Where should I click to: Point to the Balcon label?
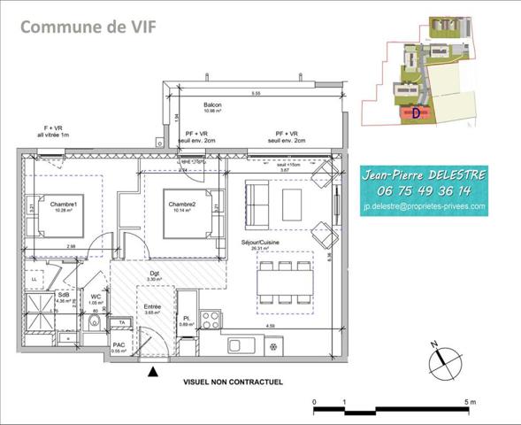pos(211,105)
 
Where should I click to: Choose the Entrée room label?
pos(153,307)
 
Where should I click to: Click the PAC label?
pos(118,345)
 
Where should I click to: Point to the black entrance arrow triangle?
pos(155,373)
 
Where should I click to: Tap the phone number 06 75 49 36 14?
pos(425,190)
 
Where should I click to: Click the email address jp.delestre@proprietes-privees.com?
pos(425,206)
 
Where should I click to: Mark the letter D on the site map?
pos(416,112)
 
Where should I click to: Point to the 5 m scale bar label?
pos(471,403)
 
